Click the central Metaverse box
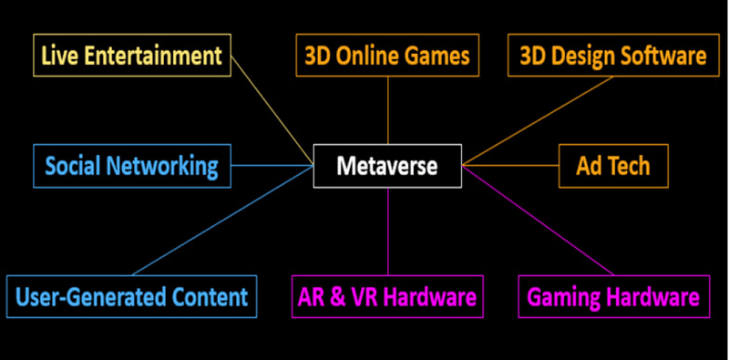pos(387,166)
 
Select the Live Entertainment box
pos(131,56)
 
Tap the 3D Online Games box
pos(387,56)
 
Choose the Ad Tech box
pos(613,166)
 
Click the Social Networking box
pos(131,166)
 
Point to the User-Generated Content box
pos(131,296)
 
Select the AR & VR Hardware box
pos(387,296)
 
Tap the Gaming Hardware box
pos(613,296)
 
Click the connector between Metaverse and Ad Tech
pos(510,166)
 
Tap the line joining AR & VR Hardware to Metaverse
pos(388,232)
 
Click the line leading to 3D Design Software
pos(538,119)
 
